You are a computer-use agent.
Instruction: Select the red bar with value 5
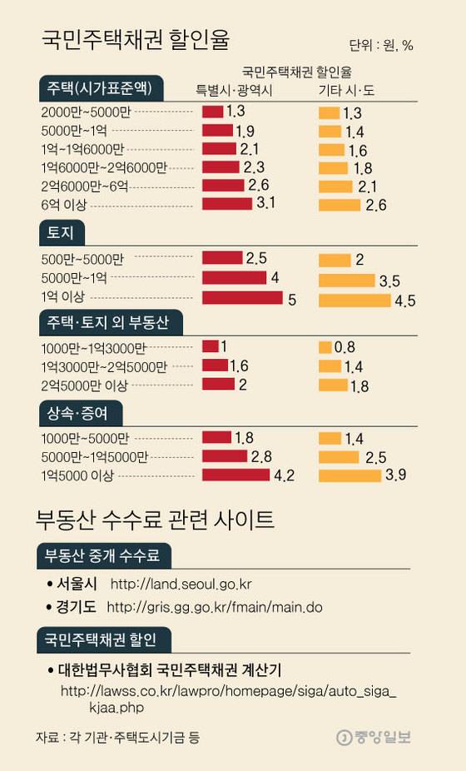click(x=242, y=297)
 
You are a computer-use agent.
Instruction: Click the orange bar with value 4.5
click(x=354, y=299)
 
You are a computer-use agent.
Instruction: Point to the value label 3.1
click(x=266, y=203)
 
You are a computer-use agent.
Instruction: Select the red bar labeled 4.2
click(x=235, y=475)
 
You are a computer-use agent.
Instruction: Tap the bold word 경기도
click(x=77, y=606)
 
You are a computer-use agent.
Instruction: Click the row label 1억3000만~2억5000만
click(x=104, y=366)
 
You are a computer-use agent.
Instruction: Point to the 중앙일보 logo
click(x=374, y=737)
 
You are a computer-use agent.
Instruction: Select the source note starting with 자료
click(x=116, y=738)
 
